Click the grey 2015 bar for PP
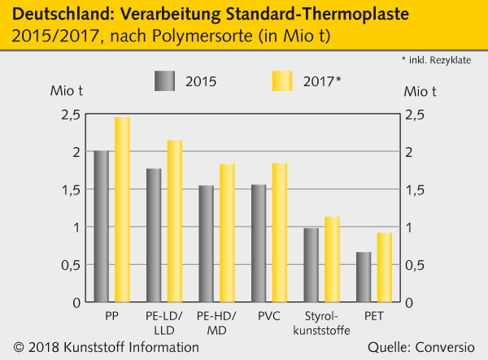(x=102, y=227)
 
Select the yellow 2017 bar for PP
(x=122, y=210)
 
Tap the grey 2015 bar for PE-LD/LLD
(x=155, y=236)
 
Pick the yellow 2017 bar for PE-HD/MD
(x=226, y=233)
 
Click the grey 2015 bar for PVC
(x=259, y=244)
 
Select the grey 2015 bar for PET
(x=364, y=277)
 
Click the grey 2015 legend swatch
(x=164, y=81)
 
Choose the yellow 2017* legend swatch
(x=281, y=81)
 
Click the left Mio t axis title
(x=67, y=90)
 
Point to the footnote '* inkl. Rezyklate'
(x=439, y=61)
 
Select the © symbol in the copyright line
(x=19, y=348)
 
